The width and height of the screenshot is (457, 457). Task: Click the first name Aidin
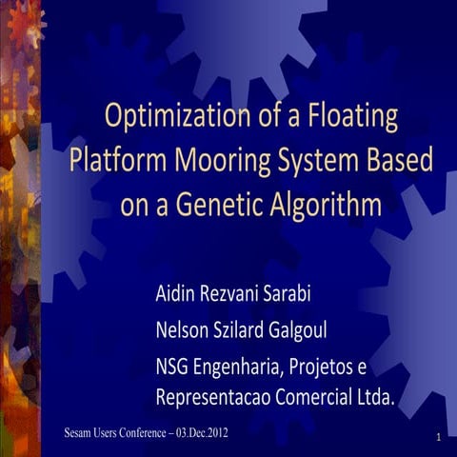[x=177, y=292]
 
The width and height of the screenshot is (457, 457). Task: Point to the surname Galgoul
[x=321, y=329]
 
